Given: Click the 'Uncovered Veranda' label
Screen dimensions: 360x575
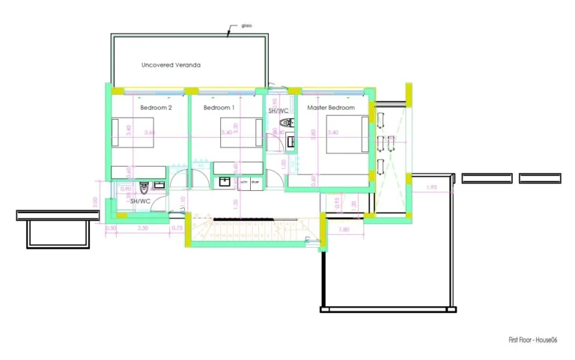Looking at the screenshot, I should (x=171, y=65).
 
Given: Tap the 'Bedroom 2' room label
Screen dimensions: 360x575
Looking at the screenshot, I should (x=156, y=108).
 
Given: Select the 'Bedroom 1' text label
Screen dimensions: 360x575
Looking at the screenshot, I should (x=219, y=108).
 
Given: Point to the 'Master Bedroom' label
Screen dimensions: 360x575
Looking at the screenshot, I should (x=331, y=108).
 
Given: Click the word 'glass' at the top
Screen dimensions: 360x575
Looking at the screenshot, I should (x=246, y=26).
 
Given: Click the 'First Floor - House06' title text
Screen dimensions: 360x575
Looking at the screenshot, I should (x=533, y=340).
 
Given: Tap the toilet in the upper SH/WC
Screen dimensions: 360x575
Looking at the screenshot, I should (x=284, y=123).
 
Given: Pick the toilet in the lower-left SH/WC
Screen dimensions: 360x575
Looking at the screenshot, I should (x=158, y=186).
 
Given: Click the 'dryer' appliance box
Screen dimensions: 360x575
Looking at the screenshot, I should (x=255, y=182).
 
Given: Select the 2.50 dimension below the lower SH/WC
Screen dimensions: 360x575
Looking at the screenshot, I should (x=143, y=228).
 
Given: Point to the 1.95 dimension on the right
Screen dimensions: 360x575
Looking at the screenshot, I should (x=431, y=187).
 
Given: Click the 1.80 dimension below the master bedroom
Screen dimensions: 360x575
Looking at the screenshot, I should (x=344, y=229).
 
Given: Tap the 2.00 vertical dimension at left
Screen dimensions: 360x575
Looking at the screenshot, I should (x=95, y=201).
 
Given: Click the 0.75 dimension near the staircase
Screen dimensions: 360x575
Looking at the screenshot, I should (x=177, y=228).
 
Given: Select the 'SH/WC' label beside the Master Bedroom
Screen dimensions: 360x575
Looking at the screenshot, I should (x=279, y=111).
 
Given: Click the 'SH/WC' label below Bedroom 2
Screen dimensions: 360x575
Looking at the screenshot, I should (x=141, y=201).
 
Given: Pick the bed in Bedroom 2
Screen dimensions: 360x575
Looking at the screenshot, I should (x=121, y=132).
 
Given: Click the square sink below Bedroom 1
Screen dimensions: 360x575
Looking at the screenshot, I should (x=224, y=180).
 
